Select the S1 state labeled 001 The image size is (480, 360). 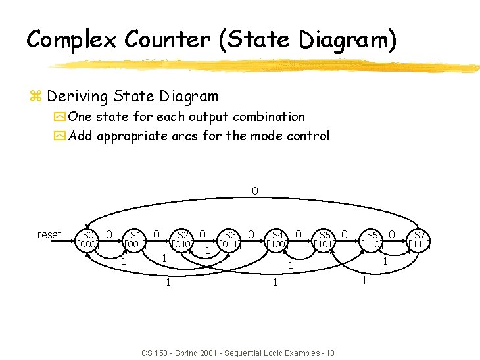[x=135, y=240]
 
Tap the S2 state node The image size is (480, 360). [x=182, y=240]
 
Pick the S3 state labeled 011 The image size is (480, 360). [x=230, y=240]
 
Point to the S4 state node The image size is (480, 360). [x=277, y=240]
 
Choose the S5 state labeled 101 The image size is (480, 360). [x=325, y=240]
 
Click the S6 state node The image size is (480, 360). [x=372, y=240]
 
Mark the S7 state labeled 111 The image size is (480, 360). [x=419, y=240]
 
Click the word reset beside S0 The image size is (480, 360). [x=49, y=234]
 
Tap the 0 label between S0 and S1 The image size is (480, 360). [x=109, y=234]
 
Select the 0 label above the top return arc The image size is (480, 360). [x=254, y=192]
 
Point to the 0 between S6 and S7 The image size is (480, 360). [x=392, y=234]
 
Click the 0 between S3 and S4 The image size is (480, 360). [x=251, y=234]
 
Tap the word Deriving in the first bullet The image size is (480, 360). [x=78, y=97]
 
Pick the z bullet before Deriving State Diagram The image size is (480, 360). [x=36, y=97]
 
